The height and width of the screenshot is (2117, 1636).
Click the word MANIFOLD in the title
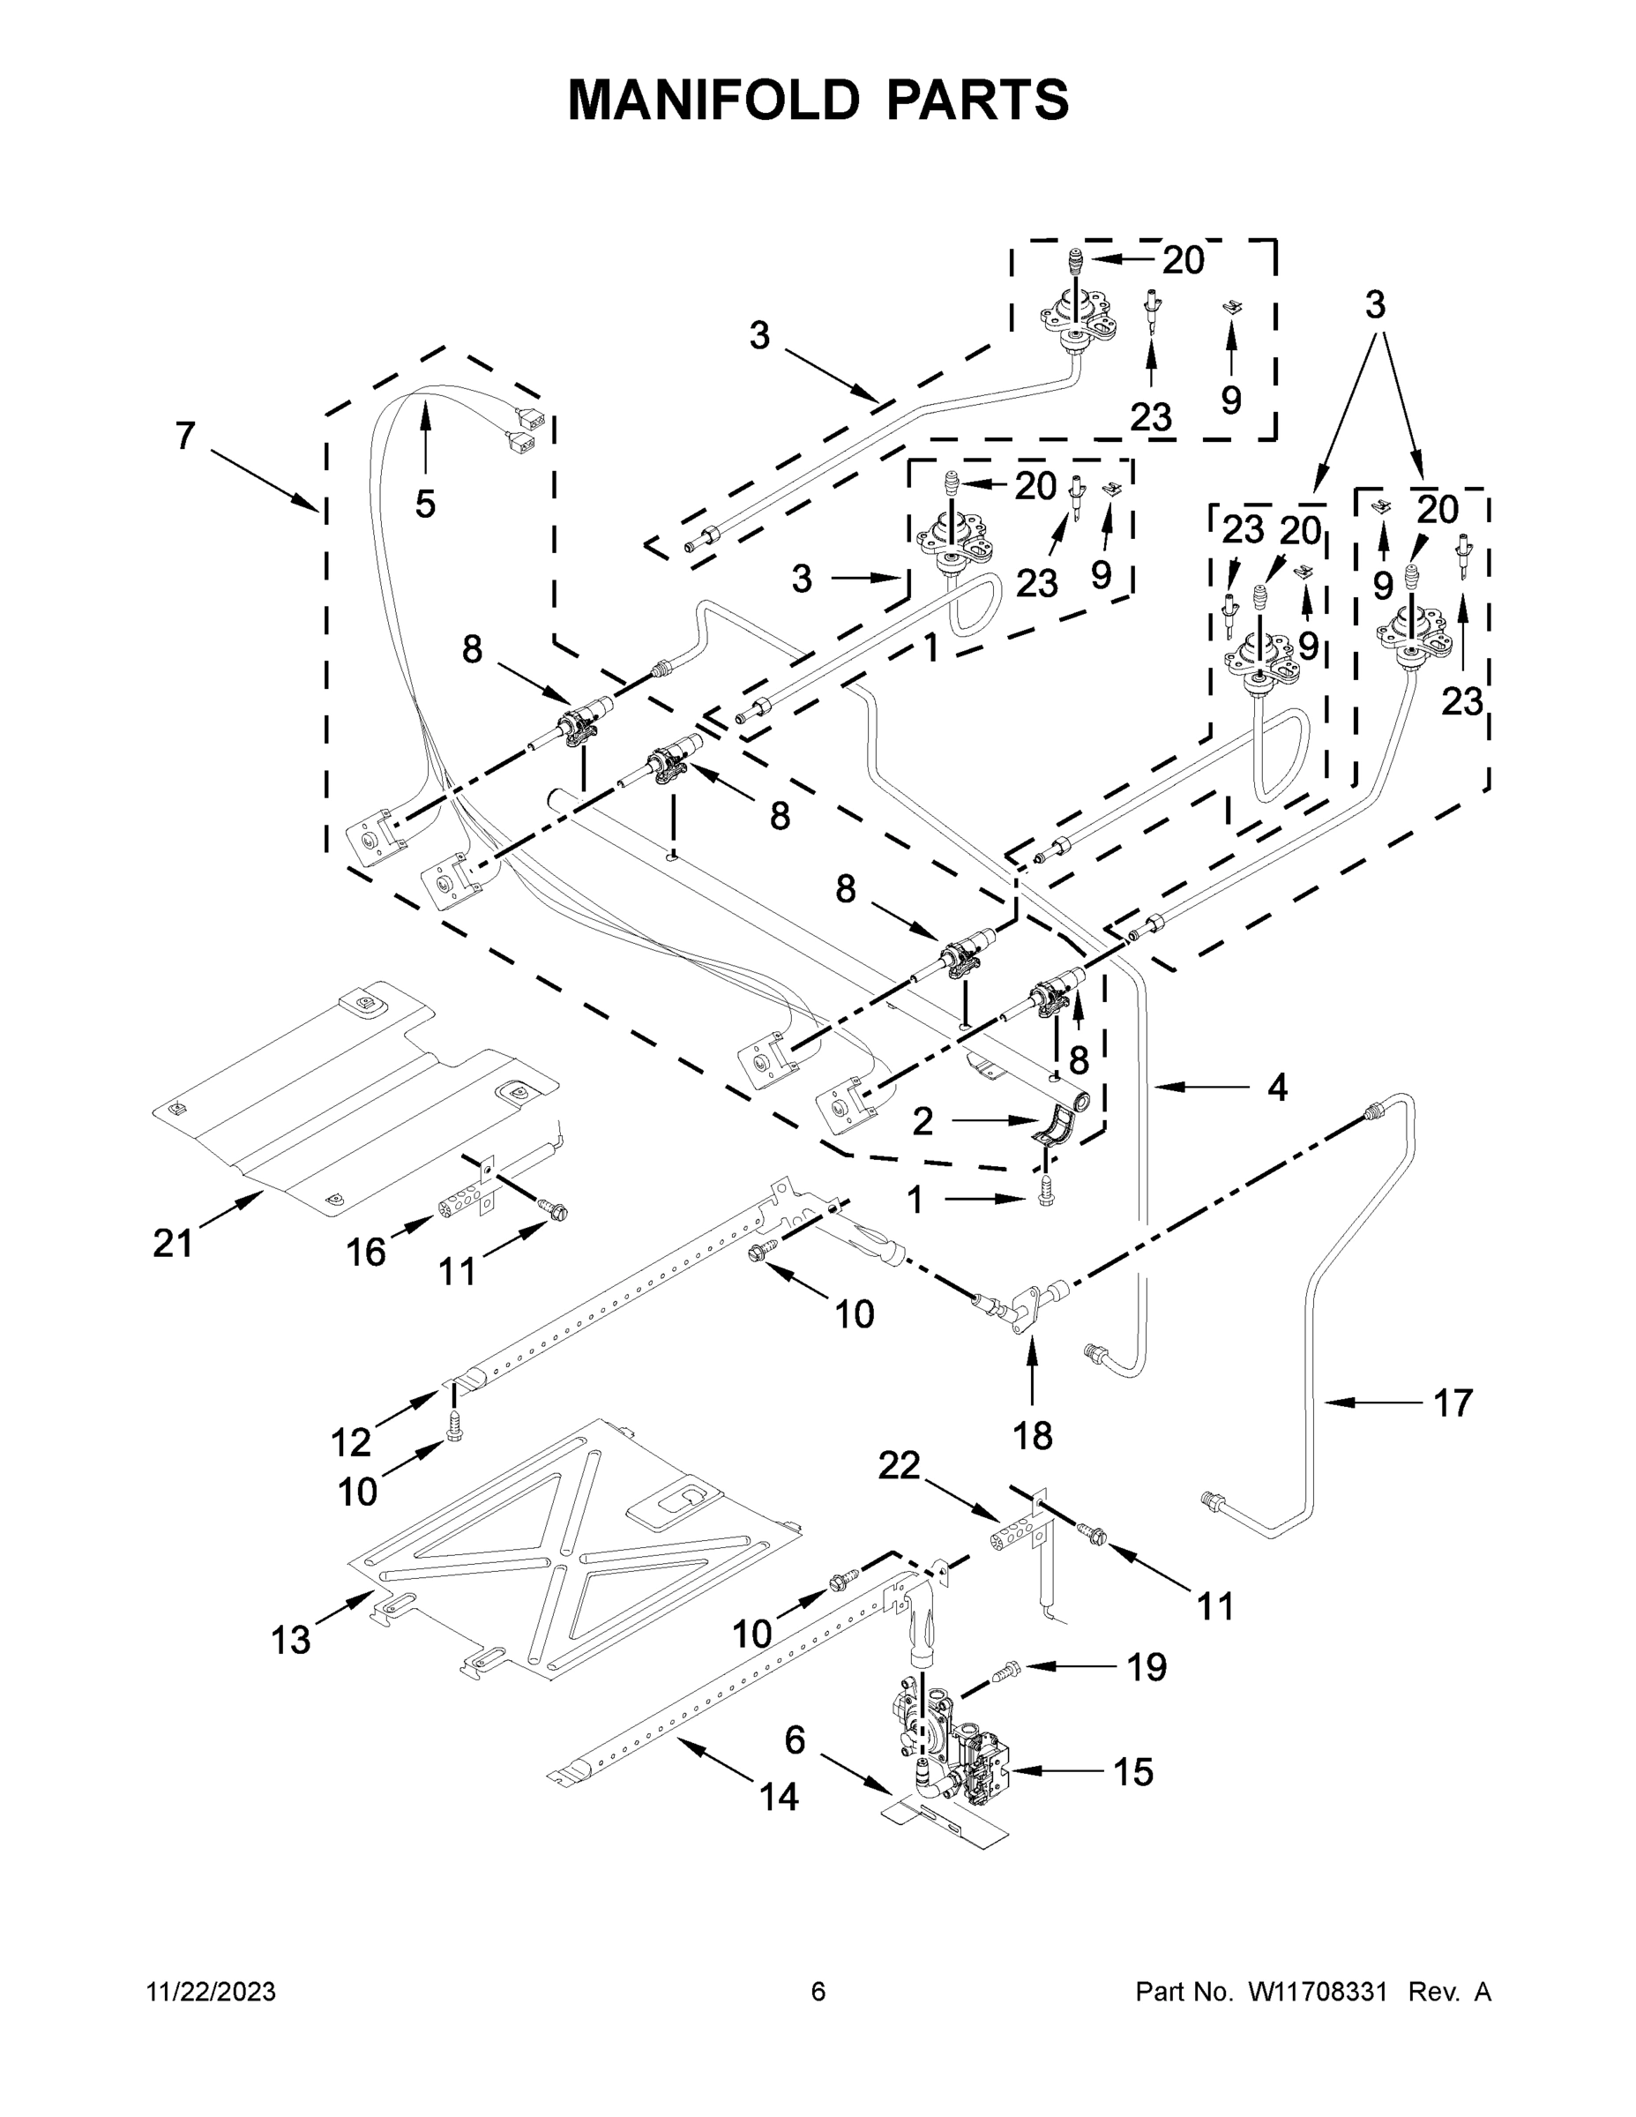click(x=713, y=99)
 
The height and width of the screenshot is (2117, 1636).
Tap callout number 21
click(x=173, y=1243)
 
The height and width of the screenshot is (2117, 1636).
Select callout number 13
click(x=291, y=1640)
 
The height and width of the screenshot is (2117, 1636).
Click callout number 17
click(x=1452, y=1403)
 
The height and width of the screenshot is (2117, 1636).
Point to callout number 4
click(x=1277, y=1088)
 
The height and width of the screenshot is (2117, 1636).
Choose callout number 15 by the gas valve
click(x=1133, y=1772)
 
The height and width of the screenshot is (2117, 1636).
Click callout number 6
click(x=795, y=1740)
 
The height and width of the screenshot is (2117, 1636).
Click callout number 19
click(x=1147, y=1667)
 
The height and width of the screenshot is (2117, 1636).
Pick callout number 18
click(x=1032, y=1435)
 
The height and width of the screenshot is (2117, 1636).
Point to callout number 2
click(x=922, y=1121)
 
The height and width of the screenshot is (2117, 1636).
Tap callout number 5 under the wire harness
click(x=424, y=504)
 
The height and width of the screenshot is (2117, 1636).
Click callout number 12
click(x=351, y=1442)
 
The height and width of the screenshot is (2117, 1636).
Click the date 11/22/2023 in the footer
click(x=210, y=1992)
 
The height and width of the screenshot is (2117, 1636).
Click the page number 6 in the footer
click(x=818, y=1992)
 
